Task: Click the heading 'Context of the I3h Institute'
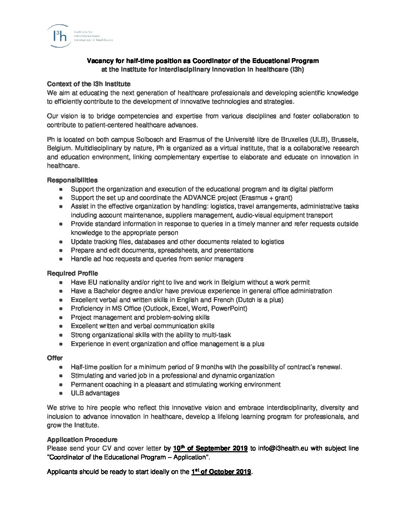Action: tap(89, 84)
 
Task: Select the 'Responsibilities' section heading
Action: tap(72, 180)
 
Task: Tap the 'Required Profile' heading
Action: tap(73, 273)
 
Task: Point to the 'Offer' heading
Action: tap(55, 358)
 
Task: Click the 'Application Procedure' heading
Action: tap(82, 440)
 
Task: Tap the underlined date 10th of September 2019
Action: tap(210, 448)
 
